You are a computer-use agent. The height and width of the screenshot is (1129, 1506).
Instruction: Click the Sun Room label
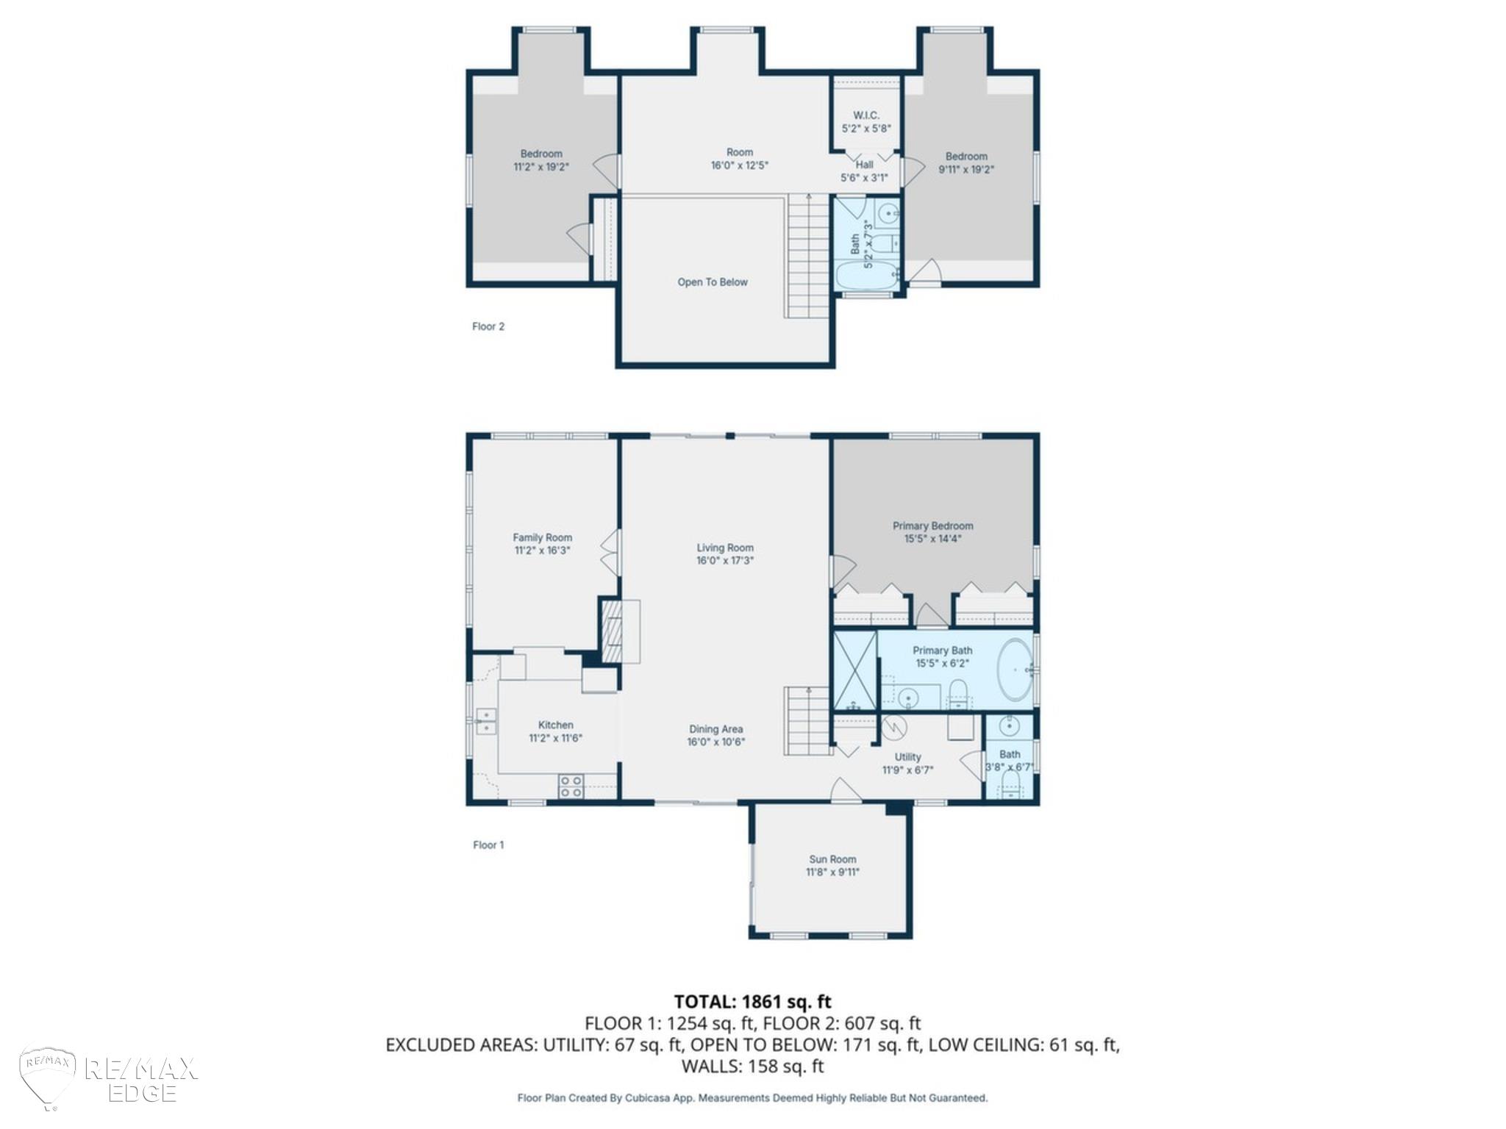[x=832, y=859]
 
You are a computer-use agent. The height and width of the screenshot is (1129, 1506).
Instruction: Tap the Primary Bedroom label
[x=932, y=526]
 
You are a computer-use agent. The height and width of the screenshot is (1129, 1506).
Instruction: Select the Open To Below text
[x=713, y=282]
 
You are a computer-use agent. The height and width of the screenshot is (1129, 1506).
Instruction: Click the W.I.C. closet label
[x=866, y=115]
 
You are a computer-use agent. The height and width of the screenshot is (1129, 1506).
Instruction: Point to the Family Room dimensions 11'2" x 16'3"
[x=542, y=550]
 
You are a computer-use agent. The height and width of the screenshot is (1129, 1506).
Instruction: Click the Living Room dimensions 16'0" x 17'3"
[x=725, y=560]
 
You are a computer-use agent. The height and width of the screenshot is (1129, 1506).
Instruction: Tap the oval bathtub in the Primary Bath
[x=1016, y=670]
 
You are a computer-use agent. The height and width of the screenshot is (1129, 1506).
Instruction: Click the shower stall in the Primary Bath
[x=855, y=671]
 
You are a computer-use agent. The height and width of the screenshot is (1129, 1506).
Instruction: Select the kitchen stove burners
[x=571, y=786]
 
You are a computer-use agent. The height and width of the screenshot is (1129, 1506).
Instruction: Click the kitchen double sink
[x=486, y=721]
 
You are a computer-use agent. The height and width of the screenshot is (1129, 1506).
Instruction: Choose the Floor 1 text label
[x=488, y=845]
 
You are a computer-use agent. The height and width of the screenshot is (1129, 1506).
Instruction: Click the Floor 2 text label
[x=488, y=326]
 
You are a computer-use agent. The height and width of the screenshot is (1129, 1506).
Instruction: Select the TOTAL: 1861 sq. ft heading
[x=753, y=1001]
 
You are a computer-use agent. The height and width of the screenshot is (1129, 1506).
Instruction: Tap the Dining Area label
[x=716, y=729]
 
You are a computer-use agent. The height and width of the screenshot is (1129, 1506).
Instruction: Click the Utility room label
[x=907, y=757]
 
